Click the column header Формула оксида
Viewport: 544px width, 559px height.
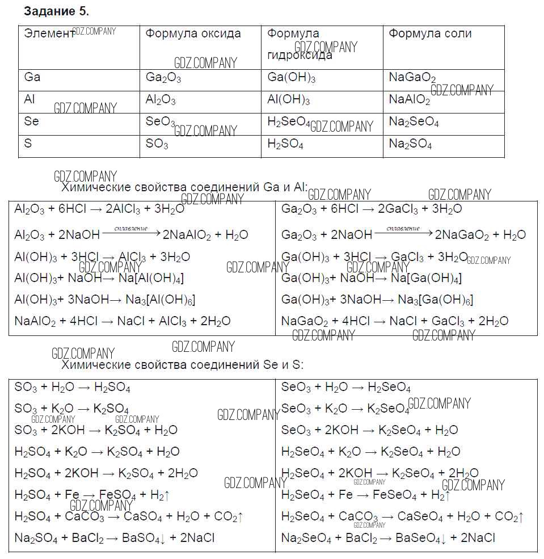click(193, 33)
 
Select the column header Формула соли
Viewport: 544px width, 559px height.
click(430, 33)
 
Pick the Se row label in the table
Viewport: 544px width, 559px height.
click(31, 121)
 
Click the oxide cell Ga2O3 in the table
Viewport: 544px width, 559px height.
click(163, 78)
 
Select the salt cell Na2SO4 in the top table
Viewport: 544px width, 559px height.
click(410, 145)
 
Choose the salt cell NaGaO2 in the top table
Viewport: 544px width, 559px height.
click(412, 78)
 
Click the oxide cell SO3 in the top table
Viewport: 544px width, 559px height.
click(157, 145)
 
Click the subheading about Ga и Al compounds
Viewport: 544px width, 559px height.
click(184, 187)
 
